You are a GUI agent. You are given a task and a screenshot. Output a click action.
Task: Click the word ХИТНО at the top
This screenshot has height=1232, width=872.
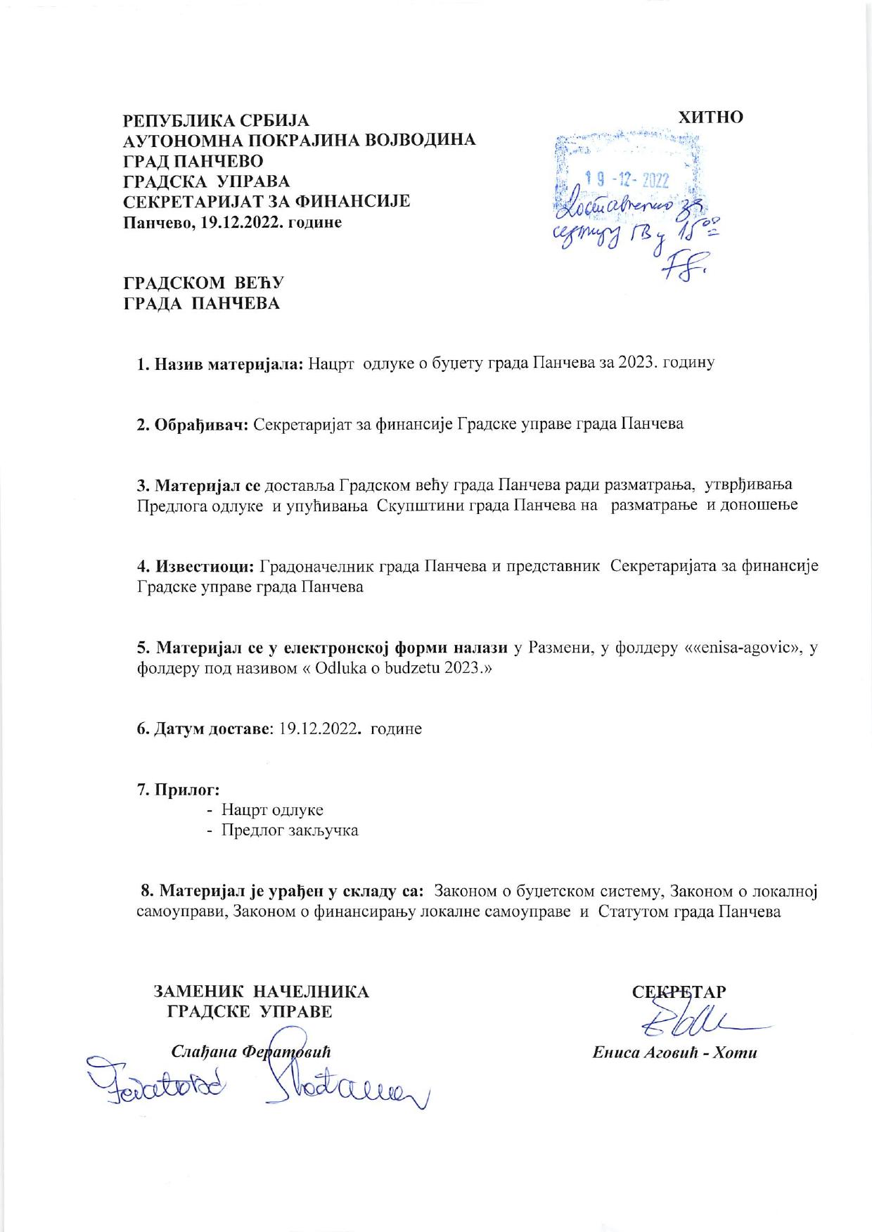pos(710,117)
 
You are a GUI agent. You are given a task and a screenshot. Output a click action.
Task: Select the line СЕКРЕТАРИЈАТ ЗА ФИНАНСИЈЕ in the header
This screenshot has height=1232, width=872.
pos(267,202)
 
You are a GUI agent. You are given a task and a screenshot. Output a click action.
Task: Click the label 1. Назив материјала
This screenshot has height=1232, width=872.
pos(219,364)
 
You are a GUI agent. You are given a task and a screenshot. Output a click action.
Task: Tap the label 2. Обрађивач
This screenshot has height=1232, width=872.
pos(191,424)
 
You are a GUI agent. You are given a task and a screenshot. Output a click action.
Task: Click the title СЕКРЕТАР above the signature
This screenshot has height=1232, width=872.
pos(679,992)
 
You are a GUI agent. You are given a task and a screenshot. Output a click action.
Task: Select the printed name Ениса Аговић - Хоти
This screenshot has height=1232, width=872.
pos(674,1053)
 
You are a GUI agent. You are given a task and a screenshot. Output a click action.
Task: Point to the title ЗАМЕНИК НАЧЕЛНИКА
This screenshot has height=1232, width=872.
pos(261,992)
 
